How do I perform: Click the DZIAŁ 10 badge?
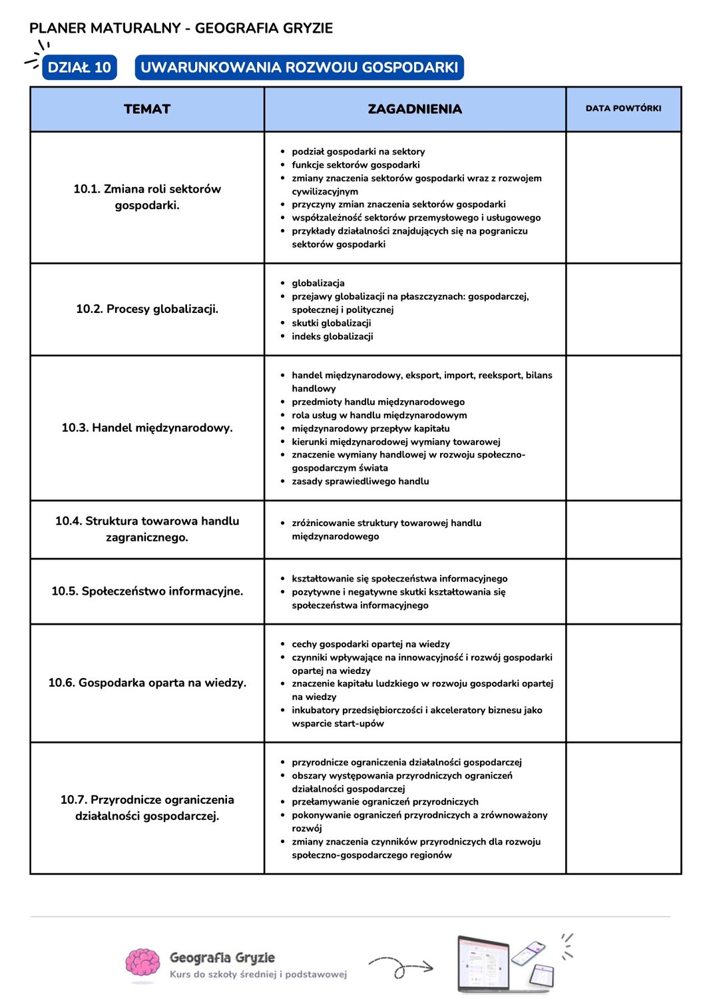point(79,67)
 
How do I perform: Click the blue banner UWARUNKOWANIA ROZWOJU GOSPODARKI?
point(299,67)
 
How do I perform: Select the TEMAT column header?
point(147,109)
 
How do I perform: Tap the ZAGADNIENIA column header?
point(415,109)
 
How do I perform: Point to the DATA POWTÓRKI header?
point(623,109)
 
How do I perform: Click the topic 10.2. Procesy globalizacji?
point(147,309)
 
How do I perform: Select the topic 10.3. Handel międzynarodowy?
point(147,428)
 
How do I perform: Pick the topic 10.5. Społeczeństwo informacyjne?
point(147,591)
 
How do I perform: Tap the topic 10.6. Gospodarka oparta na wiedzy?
point(147,683)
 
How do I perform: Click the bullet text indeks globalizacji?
point(332,336)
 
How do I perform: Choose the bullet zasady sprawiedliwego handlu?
point(360,482)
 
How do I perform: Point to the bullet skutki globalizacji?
point(331,323)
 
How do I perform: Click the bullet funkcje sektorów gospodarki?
point(355,165)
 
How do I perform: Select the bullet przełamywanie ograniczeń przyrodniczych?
point(385,802)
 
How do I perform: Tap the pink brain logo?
point(142,965)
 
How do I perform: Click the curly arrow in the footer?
point(401,967)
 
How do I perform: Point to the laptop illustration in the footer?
point(484,964)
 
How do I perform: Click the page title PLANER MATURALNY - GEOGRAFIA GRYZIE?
point(181,28)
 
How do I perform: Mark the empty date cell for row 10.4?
point(623,529)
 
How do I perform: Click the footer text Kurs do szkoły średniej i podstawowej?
point(258,974)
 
